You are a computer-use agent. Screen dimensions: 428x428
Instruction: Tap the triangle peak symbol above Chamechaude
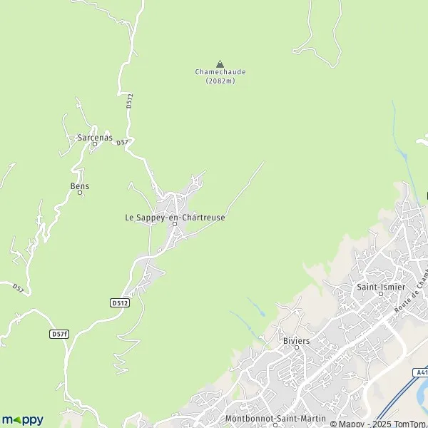pyautogui.click(x=219, y=63)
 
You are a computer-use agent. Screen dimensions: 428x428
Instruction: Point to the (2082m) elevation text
pyautogui.click(x=220, y=81)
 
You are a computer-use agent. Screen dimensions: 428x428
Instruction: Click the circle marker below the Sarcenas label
pyautogui.click(x=93, y=143)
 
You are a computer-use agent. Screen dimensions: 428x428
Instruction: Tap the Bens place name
pyautogui.click(x=80, y=186)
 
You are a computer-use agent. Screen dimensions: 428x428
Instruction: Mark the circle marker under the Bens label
pyautogui.click(x=80, y=193)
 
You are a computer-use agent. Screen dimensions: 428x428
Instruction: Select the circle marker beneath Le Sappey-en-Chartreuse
pyautogui.click(x=175, y=225)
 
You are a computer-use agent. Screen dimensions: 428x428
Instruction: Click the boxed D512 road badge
pyautogui.click(x=121, y=303)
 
